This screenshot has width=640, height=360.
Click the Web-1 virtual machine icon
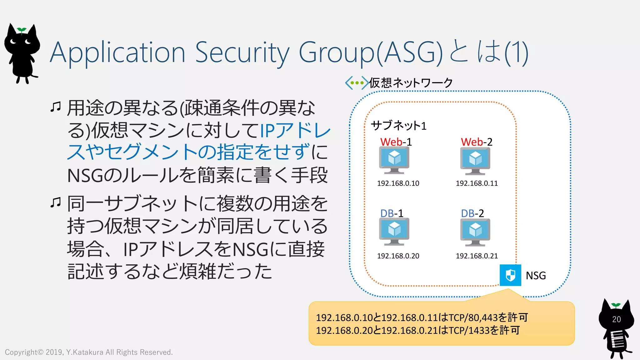click(x=394, y=160)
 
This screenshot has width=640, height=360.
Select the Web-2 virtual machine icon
click(x=475, y=161)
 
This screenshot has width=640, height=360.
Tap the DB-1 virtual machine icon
click(x=394, y=231)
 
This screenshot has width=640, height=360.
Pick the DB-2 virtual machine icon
click(x=475, y=232)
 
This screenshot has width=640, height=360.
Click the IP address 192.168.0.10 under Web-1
click(x=398, y=183)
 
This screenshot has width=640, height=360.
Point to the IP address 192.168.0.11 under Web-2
click(x=477, y=183)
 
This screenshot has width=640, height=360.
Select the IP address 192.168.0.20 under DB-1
click(x=398, y=256)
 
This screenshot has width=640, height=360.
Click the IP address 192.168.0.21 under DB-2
click(x=477, y=256)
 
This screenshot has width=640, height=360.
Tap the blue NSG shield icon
click(x=510, y=275)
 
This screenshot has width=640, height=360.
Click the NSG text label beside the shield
click(x=536, y=276)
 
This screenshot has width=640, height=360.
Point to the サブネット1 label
click(x=398, y=126)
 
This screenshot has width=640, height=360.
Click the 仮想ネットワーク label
click(x=411, y=83)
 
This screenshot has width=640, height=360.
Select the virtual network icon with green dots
click(x=357, y=83)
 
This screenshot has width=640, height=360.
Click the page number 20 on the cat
click(x=616, y=319)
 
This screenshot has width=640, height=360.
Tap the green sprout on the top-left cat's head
click(x=22, y=30)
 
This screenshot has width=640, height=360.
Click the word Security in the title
click(x=242, y=52)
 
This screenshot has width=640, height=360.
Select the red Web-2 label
click(x=476, y=142)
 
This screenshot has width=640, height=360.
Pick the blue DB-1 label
click(x=392, y=213)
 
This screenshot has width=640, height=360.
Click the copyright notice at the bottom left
click(x=89, y=352)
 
